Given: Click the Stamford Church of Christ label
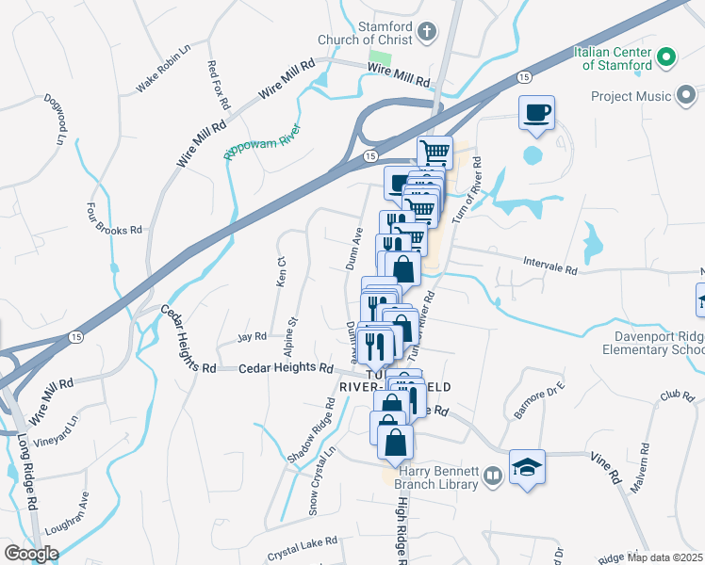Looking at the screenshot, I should [385, 32].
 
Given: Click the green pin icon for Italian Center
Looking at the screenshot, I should [666, 58].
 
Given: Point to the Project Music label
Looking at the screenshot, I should [631, 96].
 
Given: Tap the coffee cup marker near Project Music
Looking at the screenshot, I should [536, 114].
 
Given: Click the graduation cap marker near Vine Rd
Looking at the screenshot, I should [527, 466].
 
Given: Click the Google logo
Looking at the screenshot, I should [31, 553].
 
